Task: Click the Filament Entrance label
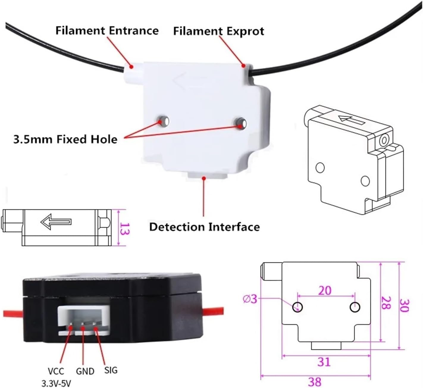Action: tap(107, 31)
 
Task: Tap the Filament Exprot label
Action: tap(219, 31)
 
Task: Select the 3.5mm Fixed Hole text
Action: tap(65, 139)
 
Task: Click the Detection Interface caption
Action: tap(204, 227)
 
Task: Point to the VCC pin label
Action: tap(56, 371)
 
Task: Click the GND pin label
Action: tap(85, 371)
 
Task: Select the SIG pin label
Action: tap(111, 370)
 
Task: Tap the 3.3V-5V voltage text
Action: tap(56, 383)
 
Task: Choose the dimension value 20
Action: tap(325, 290)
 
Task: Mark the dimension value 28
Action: tap(386, 303)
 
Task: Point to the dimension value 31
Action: tap(324, 362)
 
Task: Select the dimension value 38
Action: tap(315, 381)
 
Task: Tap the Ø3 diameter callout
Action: tap(250, 299)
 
